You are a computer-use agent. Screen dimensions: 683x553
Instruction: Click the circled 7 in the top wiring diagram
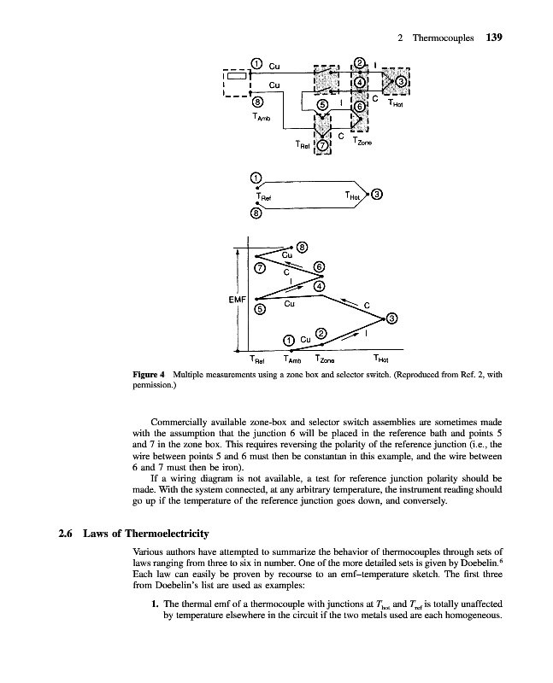click(x=322, y=145)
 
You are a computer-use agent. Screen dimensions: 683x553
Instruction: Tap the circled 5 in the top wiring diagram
click(x=321, y=104)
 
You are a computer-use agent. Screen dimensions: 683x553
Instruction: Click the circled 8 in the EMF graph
click(x=301, y=248)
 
